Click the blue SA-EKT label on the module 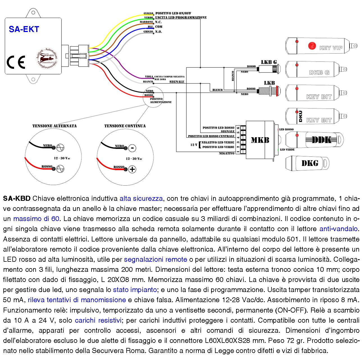click(x=24, y=29)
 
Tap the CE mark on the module click(x=16, y=62)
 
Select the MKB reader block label click(x=260, y=140)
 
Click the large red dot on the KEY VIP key click(x=312, y=46)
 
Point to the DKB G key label click(x=319, y=72)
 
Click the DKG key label click(x=310, y=163)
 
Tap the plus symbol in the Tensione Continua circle click(x=132, y=169)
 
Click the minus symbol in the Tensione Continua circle click(x=132, y=148)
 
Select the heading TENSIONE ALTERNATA click(x=54, y=126)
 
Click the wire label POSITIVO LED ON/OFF click(x=173, y=13)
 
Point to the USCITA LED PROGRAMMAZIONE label click(x=181, y=17)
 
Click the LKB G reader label click(x=269, y=62)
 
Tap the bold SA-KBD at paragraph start click(x=17, y=199)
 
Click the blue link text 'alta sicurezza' click(x=141, y=199)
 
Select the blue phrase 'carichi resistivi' click(x=98, y=320)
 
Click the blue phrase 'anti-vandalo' click(x=338, y=229)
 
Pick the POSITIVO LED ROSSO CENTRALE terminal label click(x=211, y=136)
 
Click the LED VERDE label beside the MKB click(x=287, y=150)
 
